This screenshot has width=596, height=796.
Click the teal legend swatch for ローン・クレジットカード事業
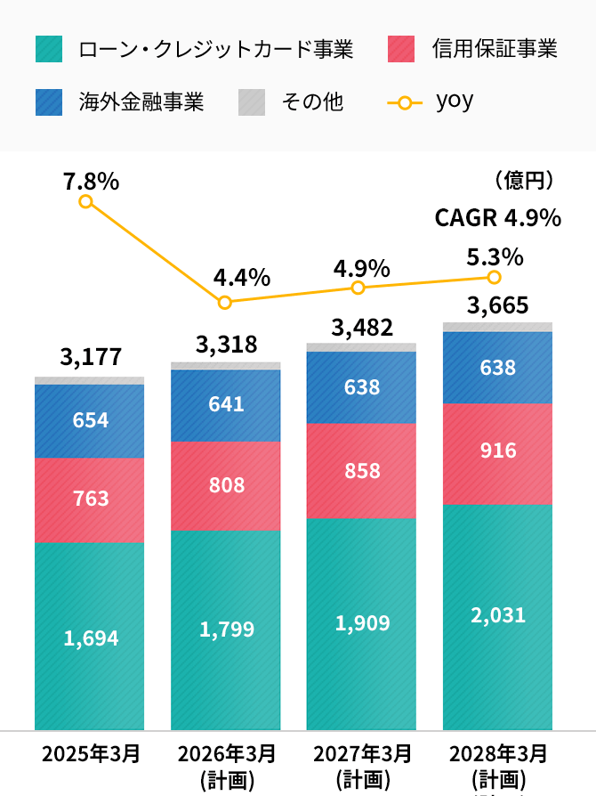[x=49, y=49]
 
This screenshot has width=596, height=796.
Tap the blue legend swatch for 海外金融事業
[x=49, y=102]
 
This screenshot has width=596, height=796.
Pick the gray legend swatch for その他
[x=252, y=102]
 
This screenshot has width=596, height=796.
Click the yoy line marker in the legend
[x=405, y=102]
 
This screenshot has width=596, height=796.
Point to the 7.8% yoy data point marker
[x=86, y=201]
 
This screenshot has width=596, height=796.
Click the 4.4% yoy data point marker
[x=225, y=303]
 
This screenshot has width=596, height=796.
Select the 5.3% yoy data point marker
[x=495, y=277]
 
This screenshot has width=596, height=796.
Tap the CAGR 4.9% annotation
[x=497, y=218]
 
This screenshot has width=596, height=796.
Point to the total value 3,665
[x=498, y=306]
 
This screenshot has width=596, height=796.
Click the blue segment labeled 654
[x=90, y=420]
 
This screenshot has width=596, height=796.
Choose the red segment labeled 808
[x=226, y=485]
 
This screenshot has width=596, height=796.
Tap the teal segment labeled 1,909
[x=362, y=623]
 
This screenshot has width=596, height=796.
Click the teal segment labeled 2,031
[x=498, y=616]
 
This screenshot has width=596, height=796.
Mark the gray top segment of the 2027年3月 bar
[x=362, y=347]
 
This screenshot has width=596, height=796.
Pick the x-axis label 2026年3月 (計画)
[x=227, y=766]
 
